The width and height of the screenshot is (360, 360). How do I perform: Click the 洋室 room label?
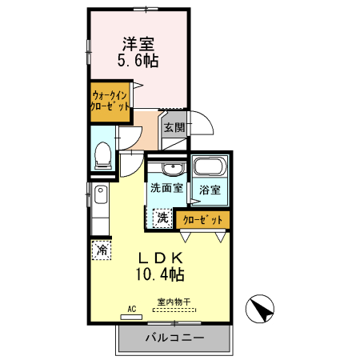point(138,43)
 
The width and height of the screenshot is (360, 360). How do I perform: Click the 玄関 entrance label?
point(174,127)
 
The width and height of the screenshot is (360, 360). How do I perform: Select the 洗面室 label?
point(166,190)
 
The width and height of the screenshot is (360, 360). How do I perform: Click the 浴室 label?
point(210,190)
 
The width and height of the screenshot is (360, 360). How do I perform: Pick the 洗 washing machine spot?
point(162,217)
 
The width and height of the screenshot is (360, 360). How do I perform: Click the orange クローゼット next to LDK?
point(203,218)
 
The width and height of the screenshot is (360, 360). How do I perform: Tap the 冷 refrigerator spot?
point(102,250)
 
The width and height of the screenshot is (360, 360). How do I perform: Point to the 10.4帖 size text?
point(162,274)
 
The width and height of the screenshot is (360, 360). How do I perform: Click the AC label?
point(132,307)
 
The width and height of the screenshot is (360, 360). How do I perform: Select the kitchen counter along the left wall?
point(100,207)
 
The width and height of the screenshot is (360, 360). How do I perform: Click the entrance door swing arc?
point(203,124)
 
